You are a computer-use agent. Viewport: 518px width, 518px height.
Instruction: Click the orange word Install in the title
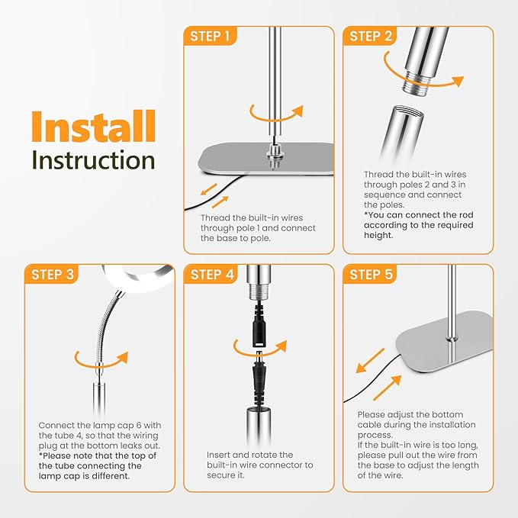click(94, 127)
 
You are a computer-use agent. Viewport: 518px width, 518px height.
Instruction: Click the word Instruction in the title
click(94, 160)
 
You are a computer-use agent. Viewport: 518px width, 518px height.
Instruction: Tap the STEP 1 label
click(210, 37)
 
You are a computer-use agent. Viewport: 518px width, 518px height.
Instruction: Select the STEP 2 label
click(370, 37)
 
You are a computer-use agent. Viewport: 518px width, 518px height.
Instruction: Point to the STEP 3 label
click(53, 275)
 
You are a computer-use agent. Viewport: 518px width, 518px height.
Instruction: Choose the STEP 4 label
click(212, 275)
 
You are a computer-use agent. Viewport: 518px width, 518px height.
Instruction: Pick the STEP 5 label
click(371, 275)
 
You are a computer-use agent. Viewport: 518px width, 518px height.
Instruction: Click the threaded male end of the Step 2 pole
click(416, 83)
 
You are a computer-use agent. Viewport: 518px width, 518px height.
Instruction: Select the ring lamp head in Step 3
click(139, 276)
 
